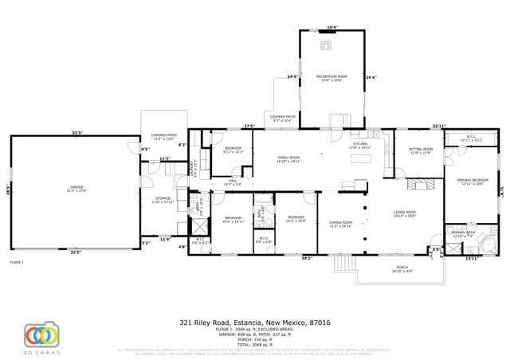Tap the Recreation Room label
click(x=332, y=77)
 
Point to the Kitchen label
click(x=361, y=147)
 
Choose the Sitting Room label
click(x=421, y=151)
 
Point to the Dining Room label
click(x=341, y=225)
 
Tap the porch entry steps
click(x=343, y=263)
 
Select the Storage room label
click(x=163, y=200)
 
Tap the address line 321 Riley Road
click(x=254, y=323)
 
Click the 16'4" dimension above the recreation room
click(x=332, y=28)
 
